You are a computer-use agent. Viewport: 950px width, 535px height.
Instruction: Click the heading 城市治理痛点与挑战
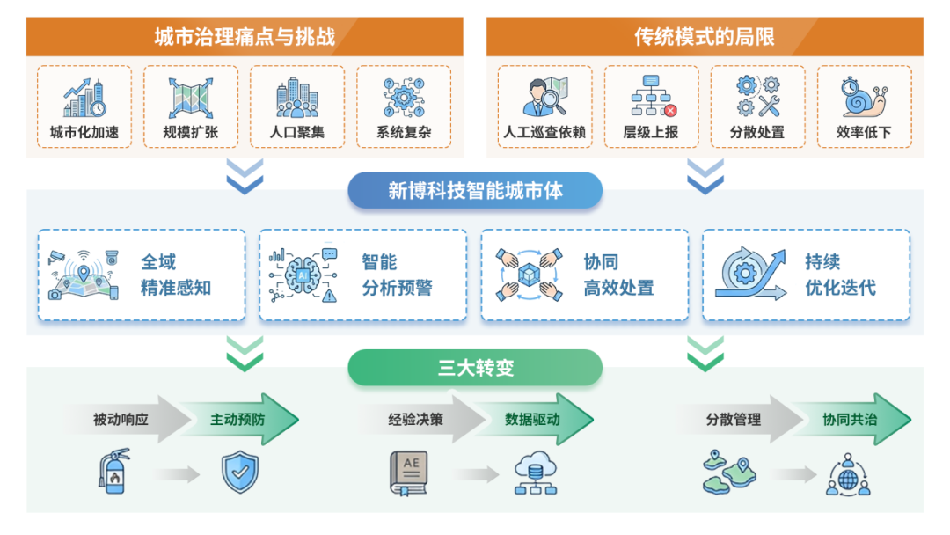click(x=245, y=38)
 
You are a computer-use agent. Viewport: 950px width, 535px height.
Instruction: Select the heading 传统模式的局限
click(x=705, y=38)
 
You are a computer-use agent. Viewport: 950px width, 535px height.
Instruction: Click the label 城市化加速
click(x=84, y=134)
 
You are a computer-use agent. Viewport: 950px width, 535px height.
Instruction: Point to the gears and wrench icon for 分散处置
click(x=757, y=97)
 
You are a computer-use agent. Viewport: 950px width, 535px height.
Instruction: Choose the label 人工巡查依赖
click(x=544, y=134)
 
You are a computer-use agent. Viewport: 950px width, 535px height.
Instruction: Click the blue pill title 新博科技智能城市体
click(x=475, y=191)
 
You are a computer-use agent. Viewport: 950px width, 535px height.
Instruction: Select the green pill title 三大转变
click(x=475, y=368)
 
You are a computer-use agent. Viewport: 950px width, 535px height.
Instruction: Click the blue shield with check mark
click(x=239, y=473)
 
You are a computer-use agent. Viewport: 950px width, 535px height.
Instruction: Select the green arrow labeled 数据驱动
click(x=533, y=420)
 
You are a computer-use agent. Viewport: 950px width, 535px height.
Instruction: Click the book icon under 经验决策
click(x=409, y=473)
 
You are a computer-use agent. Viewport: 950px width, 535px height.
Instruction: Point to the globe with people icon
click(x=848, y=475)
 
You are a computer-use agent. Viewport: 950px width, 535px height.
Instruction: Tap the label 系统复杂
click(x=404, y=134)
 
